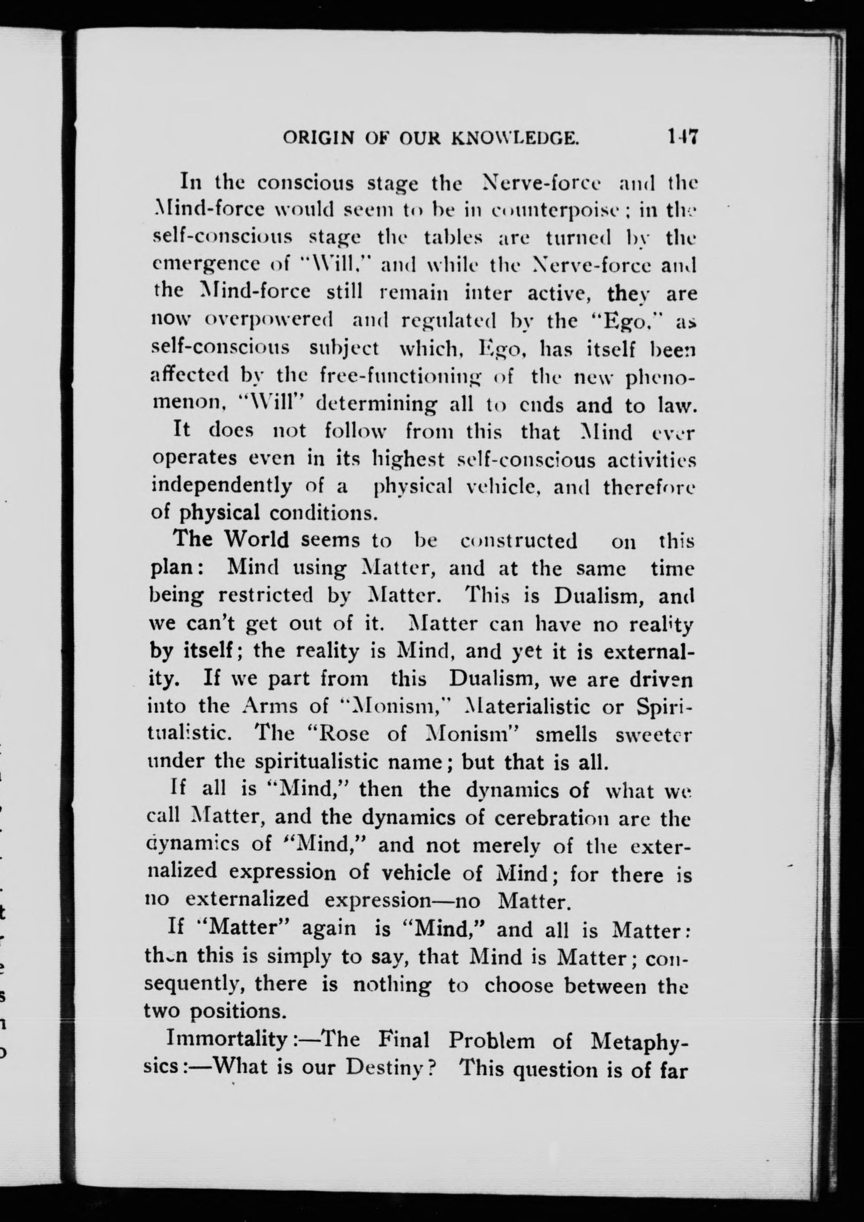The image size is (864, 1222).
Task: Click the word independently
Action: pyautogui.click(x=222, y=486)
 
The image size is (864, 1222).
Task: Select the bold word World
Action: pyautogui.click(x=256, y=540)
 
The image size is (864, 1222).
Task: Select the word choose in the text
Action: pyautogui.click(x=521, y=985)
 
